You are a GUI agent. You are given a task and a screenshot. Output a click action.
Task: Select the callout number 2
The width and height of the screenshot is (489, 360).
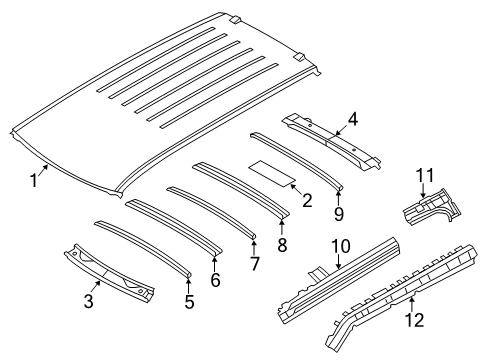307,201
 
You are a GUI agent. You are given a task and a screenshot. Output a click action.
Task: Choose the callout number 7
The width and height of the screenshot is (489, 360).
255,264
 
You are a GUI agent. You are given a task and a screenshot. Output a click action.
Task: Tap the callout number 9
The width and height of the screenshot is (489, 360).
339,213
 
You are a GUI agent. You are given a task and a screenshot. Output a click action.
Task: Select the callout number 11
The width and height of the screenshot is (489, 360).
424,177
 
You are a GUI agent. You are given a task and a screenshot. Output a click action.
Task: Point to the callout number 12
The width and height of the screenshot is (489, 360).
412,320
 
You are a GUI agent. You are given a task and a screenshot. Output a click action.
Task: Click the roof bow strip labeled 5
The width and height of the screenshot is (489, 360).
140,246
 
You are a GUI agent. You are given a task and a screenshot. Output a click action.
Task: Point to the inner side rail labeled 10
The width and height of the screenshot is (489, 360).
340,281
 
